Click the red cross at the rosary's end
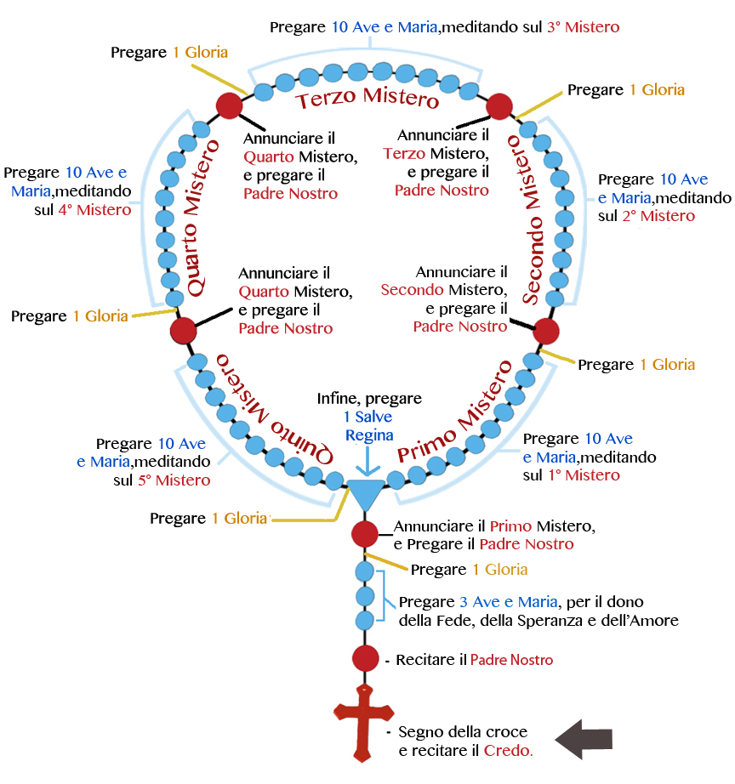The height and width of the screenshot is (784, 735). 362,719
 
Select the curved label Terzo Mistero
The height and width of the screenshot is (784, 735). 367,99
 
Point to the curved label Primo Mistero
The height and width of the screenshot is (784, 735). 455,412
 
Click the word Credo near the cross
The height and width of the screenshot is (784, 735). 508,751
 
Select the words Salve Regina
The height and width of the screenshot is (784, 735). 369,426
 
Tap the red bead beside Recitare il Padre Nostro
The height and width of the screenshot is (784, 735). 364,658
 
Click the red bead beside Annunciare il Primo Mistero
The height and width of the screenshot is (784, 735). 364,534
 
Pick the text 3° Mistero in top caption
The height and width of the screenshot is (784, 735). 583,27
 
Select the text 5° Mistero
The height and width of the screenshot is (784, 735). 174,480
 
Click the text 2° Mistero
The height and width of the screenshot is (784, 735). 658,216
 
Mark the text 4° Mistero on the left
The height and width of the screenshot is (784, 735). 94,209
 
